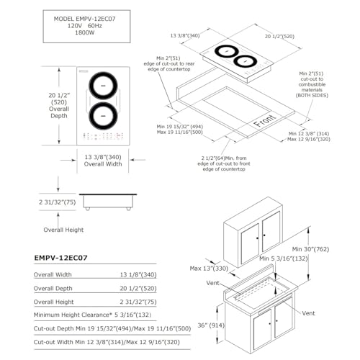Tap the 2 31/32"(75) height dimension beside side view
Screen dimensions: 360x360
coord(57,202)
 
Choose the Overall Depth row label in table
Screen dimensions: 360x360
coord(53,288)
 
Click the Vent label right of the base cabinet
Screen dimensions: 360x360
coord(308,313)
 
